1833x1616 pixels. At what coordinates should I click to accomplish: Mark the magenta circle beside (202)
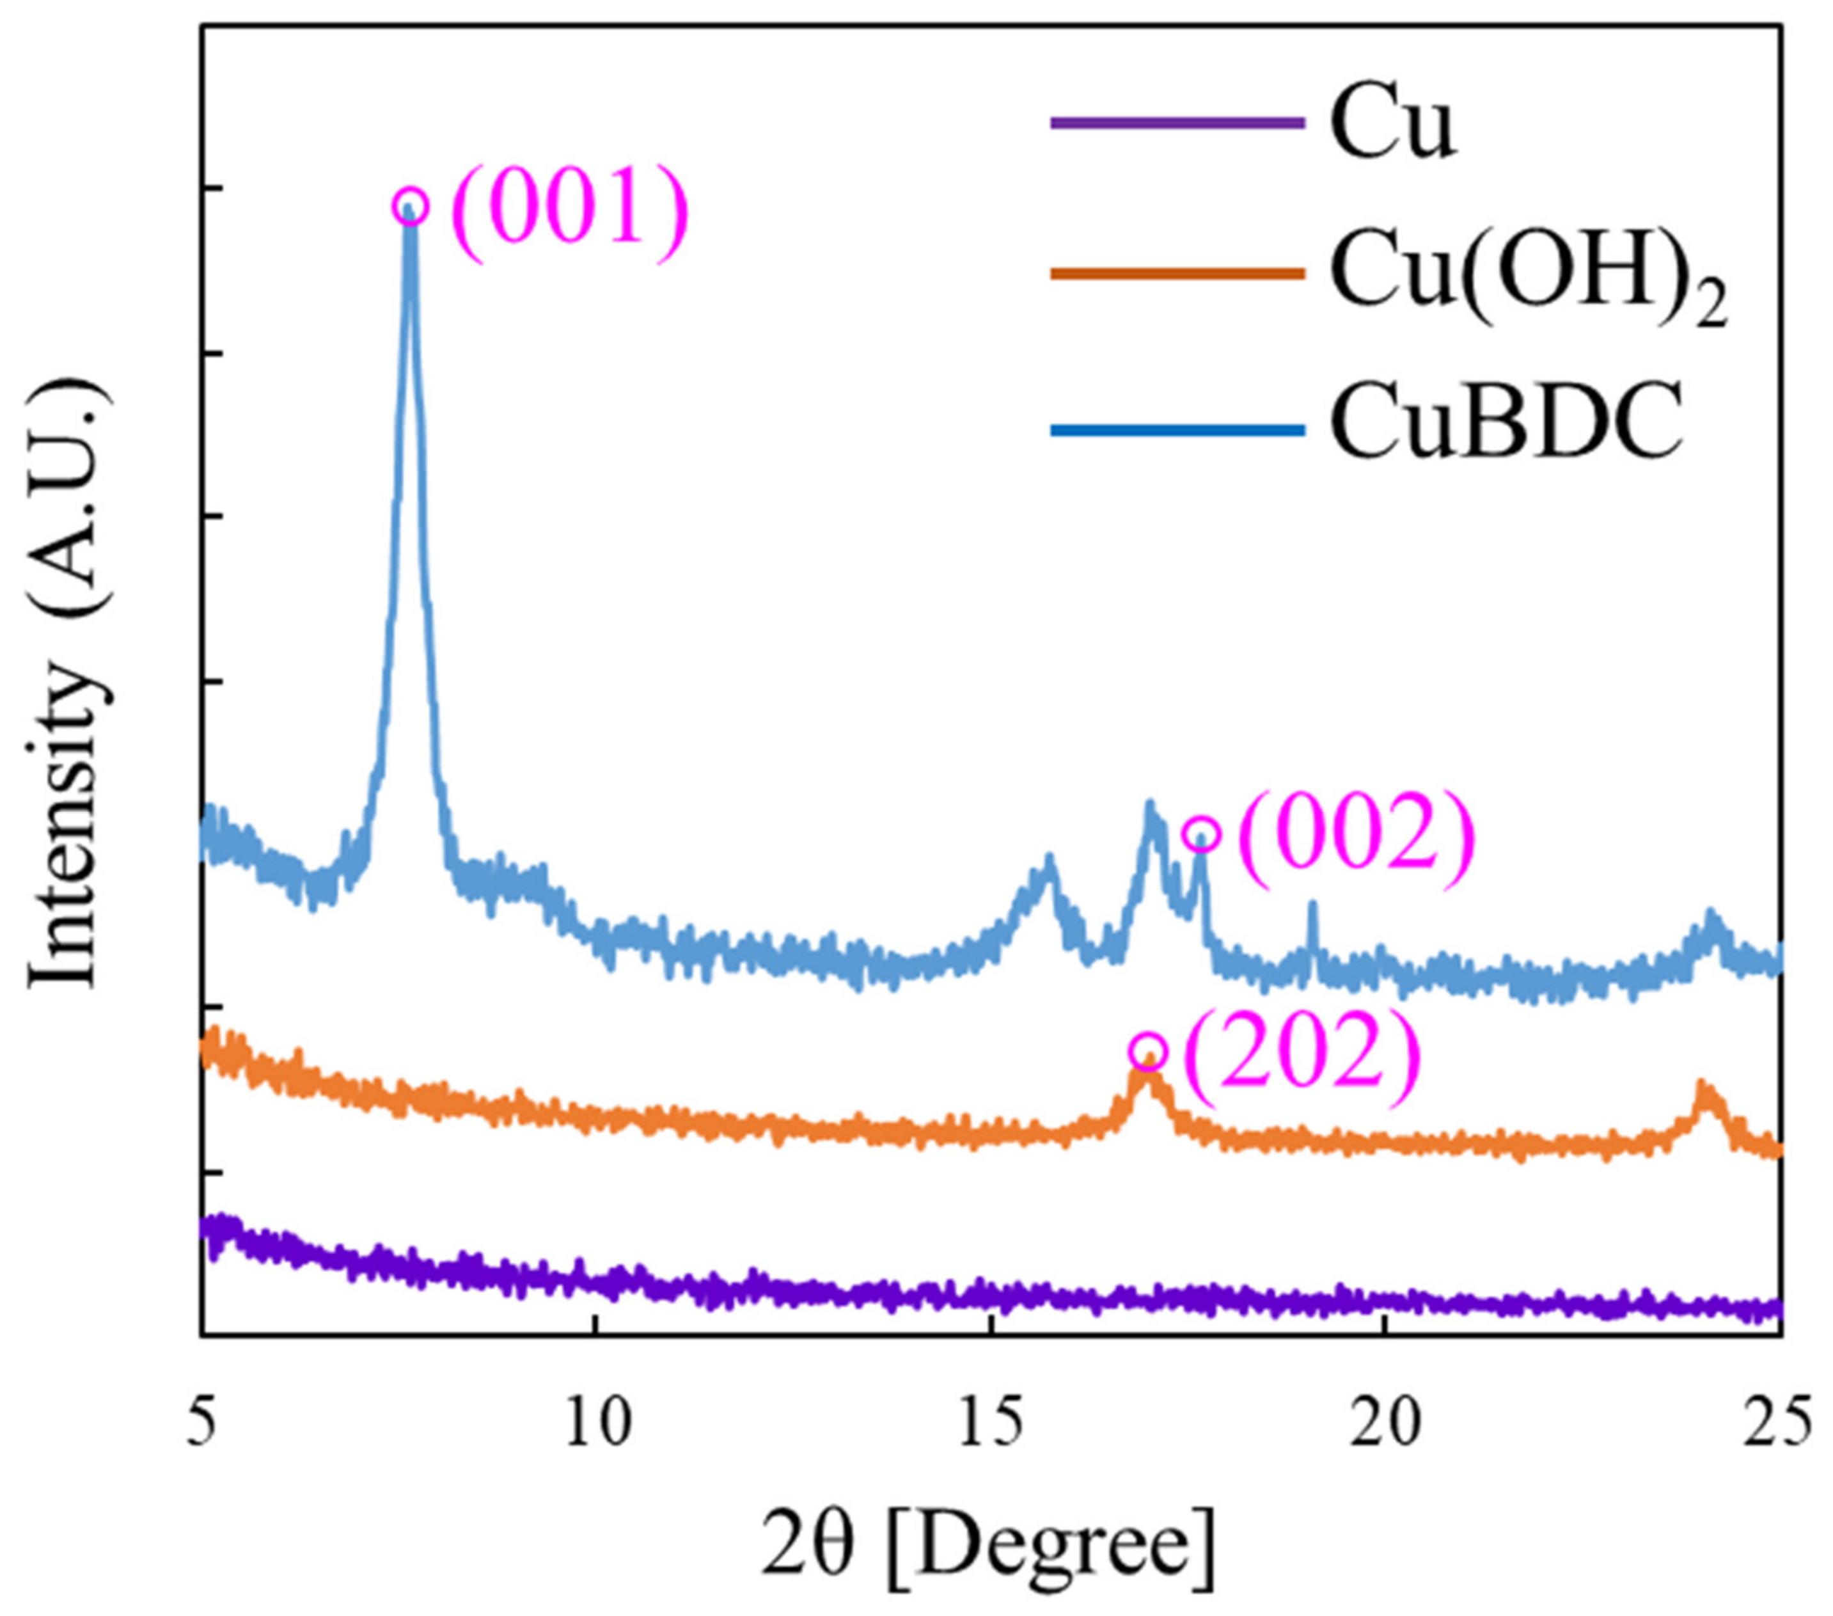pyautogui.click(x=1149, y=1049)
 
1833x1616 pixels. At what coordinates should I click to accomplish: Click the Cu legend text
pyautogui.click(x=1391, y=125)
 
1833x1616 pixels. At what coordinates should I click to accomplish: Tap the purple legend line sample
pyautogui.click(x=1177, y=123)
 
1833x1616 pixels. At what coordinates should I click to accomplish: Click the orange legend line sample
pyautogui.click(x=1177, y=274)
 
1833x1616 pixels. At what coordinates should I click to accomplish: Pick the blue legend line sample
pyautogui.click(x=1177, y=431)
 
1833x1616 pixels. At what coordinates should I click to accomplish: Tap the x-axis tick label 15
pyautogui.click(x=990, y=1422)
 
